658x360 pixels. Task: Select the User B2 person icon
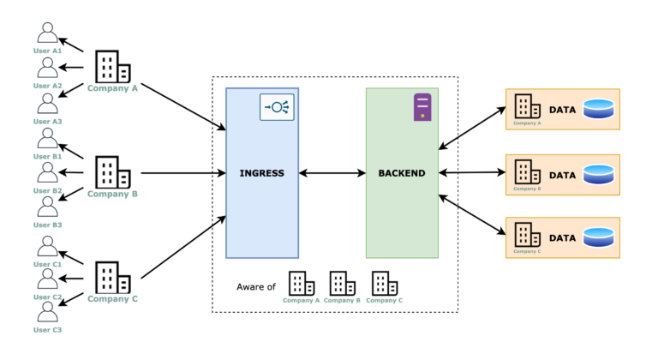tap(48, 174)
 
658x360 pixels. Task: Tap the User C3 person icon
tap(48, 314)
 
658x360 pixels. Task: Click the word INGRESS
tap(262, 174)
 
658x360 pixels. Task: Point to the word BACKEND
tap(402, 174)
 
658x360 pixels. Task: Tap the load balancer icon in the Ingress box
tap(277, 107)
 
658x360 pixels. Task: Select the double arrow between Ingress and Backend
tap(332, 174)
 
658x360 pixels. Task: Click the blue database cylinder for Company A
tap(599, 109)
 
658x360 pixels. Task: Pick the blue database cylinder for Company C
tap(599, 237)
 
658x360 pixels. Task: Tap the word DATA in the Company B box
tap(561, 175)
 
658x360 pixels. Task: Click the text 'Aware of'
tap(256, 286)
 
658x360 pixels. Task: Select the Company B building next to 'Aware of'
tap(342, 283)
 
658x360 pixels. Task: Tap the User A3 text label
tap(48, 122)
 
